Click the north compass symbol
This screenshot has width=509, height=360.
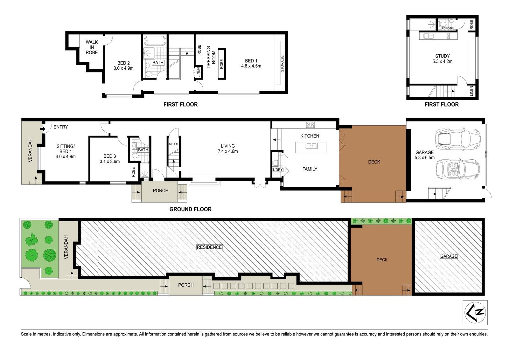[475, 313]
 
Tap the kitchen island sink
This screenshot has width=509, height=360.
[311, 146]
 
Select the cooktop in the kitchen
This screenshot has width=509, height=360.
[310, 125]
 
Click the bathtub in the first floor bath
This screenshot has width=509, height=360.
[155, 41]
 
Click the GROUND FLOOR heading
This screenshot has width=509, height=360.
[191, 209]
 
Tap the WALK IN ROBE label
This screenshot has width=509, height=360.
[92, 47]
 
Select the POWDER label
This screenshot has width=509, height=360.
[447, 28]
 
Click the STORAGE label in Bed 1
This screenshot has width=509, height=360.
[282, 64]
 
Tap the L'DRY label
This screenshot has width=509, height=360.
[278, 170]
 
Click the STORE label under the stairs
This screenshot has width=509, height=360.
[174, 144]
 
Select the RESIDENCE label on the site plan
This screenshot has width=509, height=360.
[209, 247]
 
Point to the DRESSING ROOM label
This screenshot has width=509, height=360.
[211, 57]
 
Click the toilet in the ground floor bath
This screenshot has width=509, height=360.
[135, 156]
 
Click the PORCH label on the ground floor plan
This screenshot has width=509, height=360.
[160, 190]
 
